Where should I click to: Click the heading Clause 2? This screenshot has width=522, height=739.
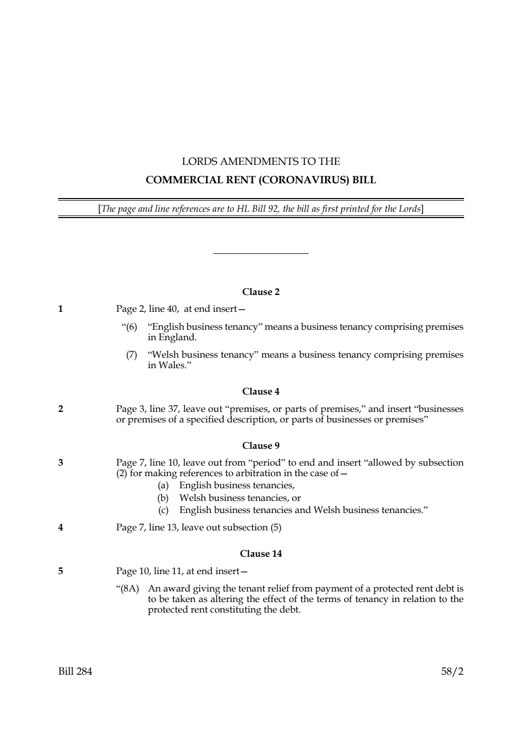(x=261, y=292)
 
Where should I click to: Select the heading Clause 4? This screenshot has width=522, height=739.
(x=261, y=391)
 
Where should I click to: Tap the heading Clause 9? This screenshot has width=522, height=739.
(x=261, y=446)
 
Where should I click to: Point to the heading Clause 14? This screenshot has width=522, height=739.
(x=261, y=554)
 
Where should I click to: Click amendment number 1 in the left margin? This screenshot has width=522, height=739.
(x=61, y=309)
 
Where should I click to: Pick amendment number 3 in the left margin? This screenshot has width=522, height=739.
(x=61, y=463)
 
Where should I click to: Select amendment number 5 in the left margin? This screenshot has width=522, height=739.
(x=61, y=571)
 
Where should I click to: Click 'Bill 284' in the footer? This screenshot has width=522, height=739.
(x=75, y=672)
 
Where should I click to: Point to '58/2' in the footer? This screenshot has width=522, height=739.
(x=452, y=672)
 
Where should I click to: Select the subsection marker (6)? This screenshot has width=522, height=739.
(x=130, y=327)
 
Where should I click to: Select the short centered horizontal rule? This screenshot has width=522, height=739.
(x=261, y=254)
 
